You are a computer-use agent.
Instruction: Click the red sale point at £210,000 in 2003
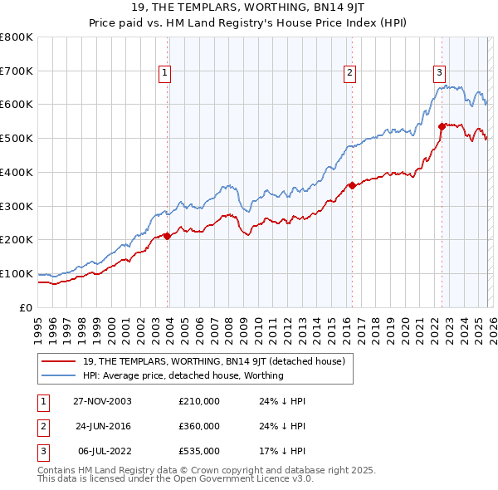pos(168,236)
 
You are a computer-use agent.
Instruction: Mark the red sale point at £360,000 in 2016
pos(352,185)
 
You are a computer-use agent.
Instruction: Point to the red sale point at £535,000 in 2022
pos(442,126)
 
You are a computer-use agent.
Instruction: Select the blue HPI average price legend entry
pos(183,375)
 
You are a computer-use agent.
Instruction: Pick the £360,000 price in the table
pos(199,426)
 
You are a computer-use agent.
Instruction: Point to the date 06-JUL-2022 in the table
pos(103,451)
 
